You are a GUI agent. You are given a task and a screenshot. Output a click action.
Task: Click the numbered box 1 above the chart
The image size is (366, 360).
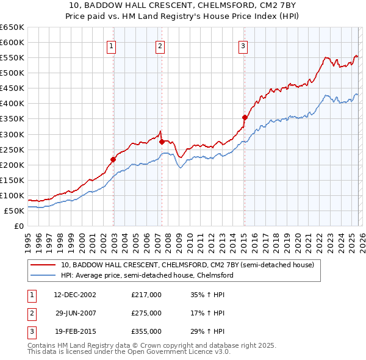click(x=113, y=45)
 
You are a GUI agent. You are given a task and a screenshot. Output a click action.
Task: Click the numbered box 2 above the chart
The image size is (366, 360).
click(x=160, y=45)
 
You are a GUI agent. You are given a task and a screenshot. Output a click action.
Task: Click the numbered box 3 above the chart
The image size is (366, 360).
click(x=243, y=45)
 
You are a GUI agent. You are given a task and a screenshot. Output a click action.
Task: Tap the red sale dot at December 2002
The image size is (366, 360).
click(x=113, y=159)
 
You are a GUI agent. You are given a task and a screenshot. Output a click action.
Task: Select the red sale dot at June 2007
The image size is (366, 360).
click(x=162, y=142)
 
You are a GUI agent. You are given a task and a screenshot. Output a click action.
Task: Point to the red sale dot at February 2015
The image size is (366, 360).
click(x=245, y=117)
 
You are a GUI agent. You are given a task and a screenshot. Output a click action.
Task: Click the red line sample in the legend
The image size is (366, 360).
click(x=43, y=265)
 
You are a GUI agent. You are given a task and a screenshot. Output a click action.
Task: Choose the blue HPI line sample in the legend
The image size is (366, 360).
click(x=43, y=275)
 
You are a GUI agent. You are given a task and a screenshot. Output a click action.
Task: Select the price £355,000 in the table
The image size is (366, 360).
click(x=146, y=331)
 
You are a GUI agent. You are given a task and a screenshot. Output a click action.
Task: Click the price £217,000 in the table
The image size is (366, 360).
click(x=146, y=295)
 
